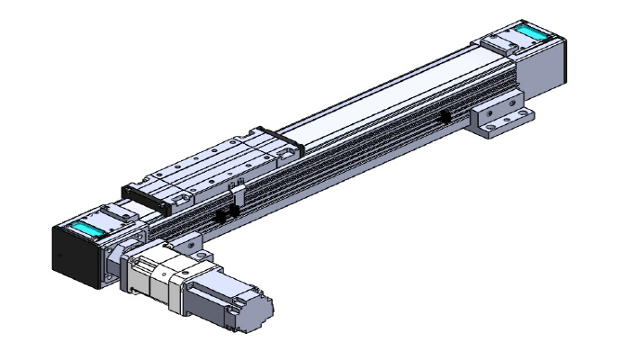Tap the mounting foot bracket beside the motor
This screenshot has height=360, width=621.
click(188, 241)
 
